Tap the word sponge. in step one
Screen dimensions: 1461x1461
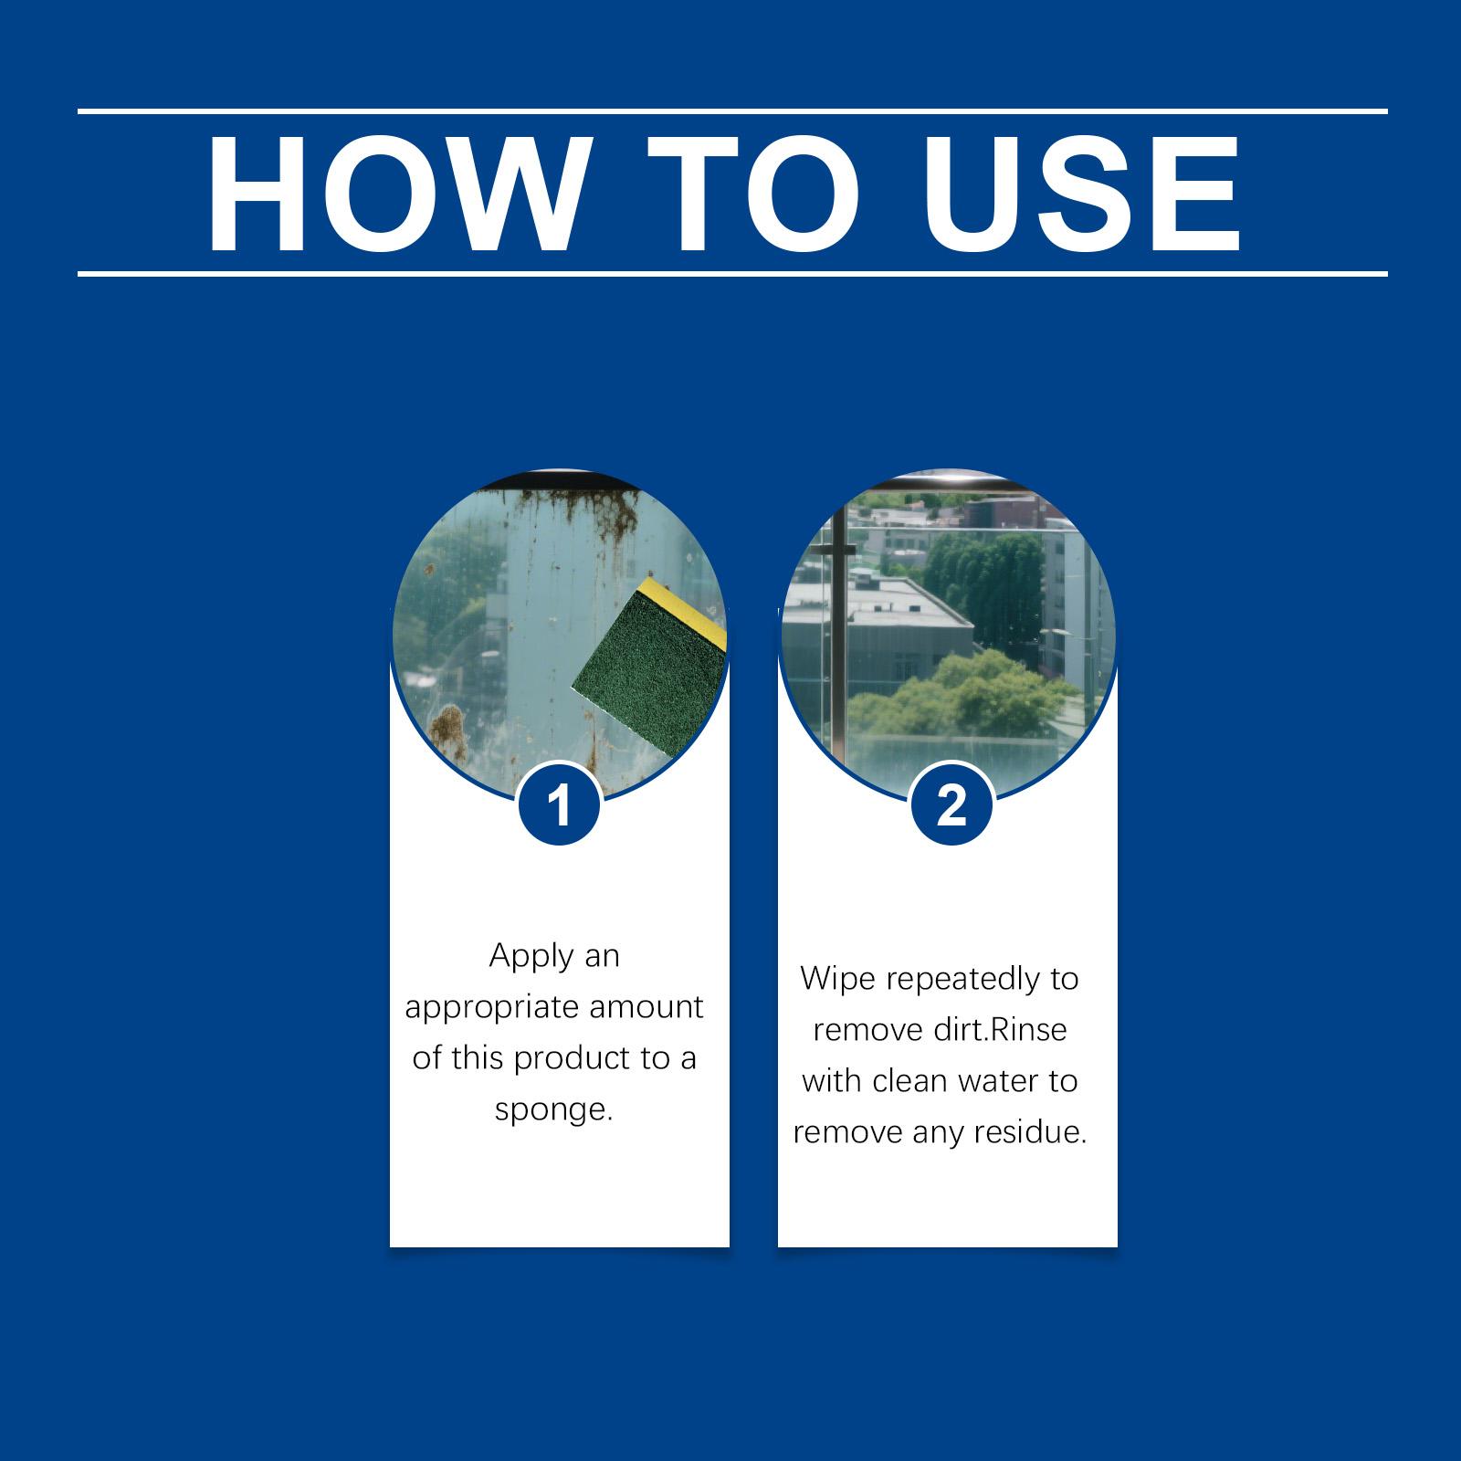click(552, 1110)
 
